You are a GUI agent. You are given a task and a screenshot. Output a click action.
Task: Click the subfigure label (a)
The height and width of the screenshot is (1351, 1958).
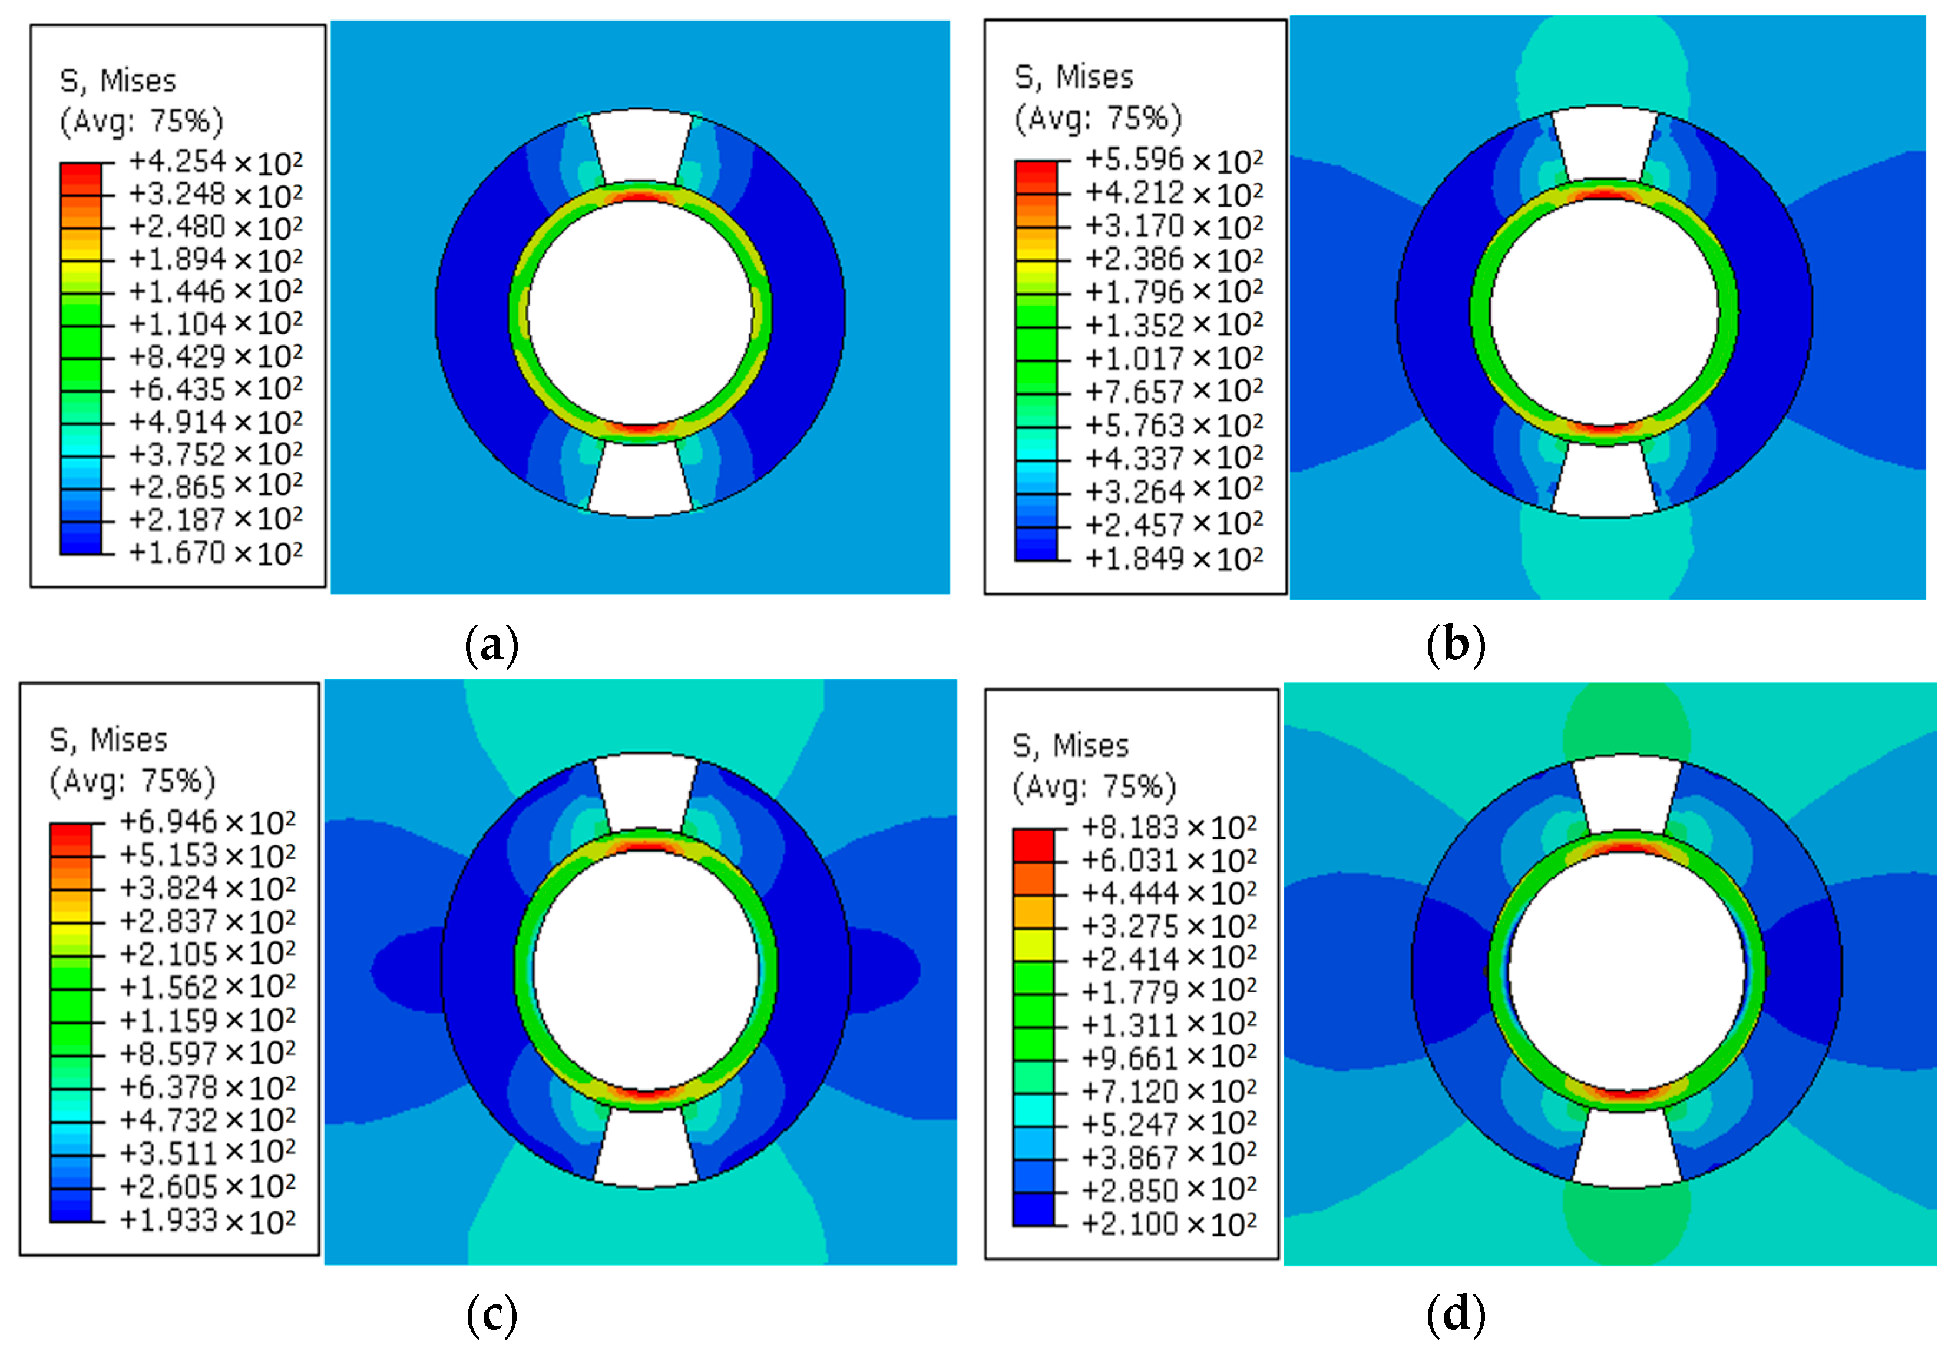click(491, 646)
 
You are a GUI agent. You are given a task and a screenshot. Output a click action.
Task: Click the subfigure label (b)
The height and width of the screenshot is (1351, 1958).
click(1455, 646)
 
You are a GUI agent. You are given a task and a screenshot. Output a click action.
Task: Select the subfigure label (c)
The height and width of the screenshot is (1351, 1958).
click(491, 1315)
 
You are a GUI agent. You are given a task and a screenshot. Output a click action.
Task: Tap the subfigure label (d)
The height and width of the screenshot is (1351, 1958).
click(1455, 1315)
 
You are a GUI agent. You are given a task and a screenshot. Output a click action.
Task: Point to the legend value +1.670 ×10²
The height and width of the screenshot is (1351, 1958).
click(215, 553)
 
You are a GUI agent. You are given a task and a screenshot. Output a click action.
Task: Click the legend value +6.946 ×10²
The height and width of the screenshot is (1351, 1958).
click(207, 822)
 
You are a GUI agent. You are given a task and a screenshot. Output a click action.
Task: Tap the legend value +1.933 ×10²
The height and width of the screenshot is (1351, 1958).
click(207, 1221)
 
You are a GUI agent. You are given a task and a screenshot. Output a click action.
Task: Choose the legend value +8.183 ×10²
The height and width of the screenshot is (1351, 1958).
click(1169, 827)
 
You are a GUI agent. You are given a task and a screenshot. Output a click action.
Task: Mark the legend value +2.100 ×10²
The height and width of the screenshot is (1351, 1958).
click(1169, 1224)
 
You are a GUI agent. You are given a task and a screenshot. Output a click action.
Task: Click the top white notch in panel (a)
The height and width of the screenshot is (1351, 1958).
click(640, 144)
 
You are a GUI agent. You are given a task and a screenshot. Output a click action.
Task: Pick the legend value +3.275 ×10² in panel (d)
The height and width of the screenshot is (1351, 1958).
click(1169, 925)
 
